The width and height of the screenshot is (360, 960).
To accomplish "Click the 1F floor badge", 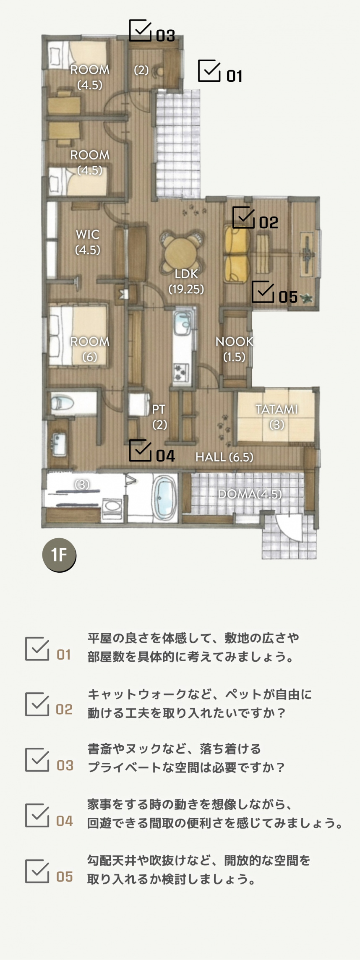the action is coord(59,555).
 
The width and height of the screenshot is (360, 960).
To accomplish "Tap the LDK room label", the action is coord(186,274).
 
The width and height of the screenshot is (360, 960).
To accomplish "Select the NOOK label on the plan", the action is coord(234,342).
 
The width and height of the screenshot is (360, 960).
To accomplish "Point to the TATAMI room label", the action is coord(277,409).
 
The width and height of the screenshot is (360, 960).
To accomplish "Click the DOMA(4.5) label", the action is coord(250,494).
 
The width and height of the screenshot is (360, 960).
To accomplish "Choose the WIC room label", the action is coord(88,234).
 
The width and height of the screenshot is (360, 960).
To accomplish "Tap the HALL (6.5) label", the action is coord(224,457).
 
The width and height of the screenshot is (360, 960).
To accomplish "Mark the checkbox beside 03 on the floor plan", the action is coord(140,31).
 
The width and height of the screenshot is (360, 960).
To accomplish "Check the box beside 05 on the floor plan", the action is coord(263,292).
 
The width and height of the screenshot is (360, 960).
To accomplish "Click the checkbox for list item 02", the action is coord(37,704).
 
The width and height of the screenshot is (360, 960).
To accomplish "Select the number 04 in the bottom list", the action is coord(65,821).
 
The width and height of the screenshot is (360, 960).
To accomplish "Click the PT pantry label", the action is coord(159,409).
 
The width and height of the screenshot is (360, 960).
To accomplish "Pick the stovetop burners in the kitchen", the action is coord(182,371).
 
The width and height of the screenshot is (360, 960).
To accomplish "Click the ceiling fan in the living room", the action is coord(307,253).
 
